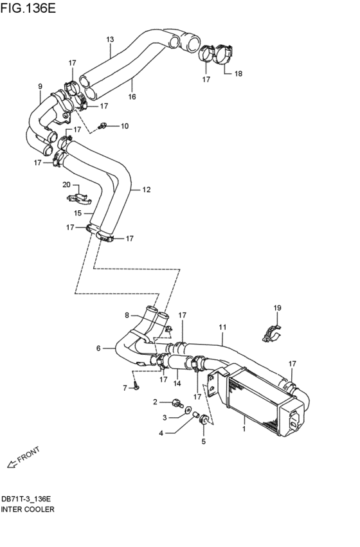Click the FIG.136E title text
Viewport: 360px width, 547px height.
28,8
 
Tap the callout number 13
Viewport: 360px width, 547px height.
110,39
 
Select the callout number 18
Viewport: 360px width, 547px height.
238,74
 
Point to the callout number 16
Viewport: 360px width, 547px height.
132,96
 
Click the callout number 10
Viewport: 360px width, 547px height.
125,126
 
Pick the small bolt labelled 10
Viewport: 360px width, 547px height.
103,125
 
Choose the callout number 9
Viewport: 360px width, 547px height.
40,86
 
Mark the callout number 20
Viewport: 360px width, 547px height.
66,184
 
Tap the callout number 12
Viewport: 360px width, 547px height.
147,190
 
